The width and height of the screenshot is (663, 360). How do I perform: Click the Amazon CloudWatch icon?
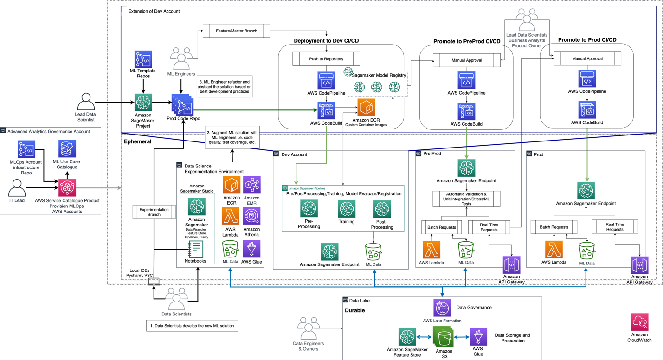click(x=639, y=322)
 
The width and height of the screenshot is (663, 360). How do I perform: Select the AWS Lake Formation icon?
click(x=442, y=308)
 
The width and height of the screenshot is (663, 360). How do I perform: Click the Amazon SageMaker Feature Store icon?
click(x=407, y=337)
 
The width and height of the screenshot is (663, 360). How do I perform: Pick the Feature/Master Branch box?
click(x=237, y=31)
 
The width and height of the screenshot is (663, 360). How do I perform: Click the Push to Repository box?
click(x=326, y=59)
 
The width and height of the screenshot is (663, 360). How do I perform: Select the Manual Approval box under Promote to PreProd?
click(x=466, y=60)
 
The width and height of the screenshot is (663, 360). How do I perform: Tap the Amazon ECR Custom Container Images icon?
click(x=366, y=108)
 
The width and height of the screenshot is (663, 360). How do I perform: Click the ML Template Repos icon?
click(x=143, y=59)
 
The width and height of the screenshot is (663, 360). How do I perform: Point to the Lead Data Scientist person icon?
click(x=86, y=102)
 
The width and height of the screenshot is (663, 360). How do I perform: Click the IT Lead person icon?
click(x=17, y=188)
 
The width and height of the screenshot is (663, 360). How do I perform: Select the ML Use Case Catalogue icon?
click(x=67, y=149)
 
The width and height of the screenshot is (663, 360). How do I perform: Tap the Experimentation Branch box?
click(x=154, y=212)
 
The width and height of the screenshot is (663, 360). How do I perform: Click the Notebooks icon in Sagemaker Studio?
click(x=195, y=249)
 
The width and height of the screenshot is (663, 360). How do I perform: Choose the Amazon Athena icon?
click(x=251, y=216)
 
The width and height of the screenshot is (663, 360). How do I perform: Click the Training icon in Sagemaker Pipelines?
click(x=346, y=209)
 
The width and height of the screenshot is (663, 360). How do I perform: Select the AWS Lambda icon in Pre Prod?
click(x=431, y=250)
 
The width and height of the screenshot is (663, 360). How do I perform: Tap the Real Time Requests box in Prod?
click(x=614, y=226)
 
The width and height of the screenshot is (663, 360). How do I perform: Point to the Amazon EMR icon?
click(x=251, y=185)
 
